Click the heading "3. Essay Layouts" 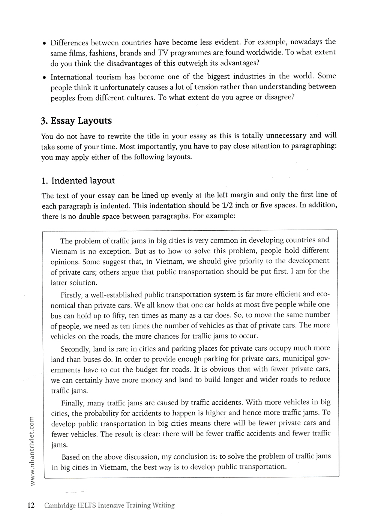click(x=76, y=121)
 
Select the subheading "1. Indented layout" click(x=78, y=181)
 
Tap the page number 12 click(x=30, y=505)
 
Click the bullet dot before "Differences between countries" click(x=44, y=43)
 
